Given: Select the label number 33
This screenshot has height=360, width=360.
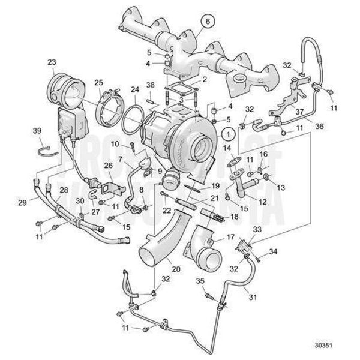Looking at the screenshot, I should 258,229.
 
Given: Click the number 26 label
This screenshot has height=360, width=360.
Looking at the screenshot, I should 109,166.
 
